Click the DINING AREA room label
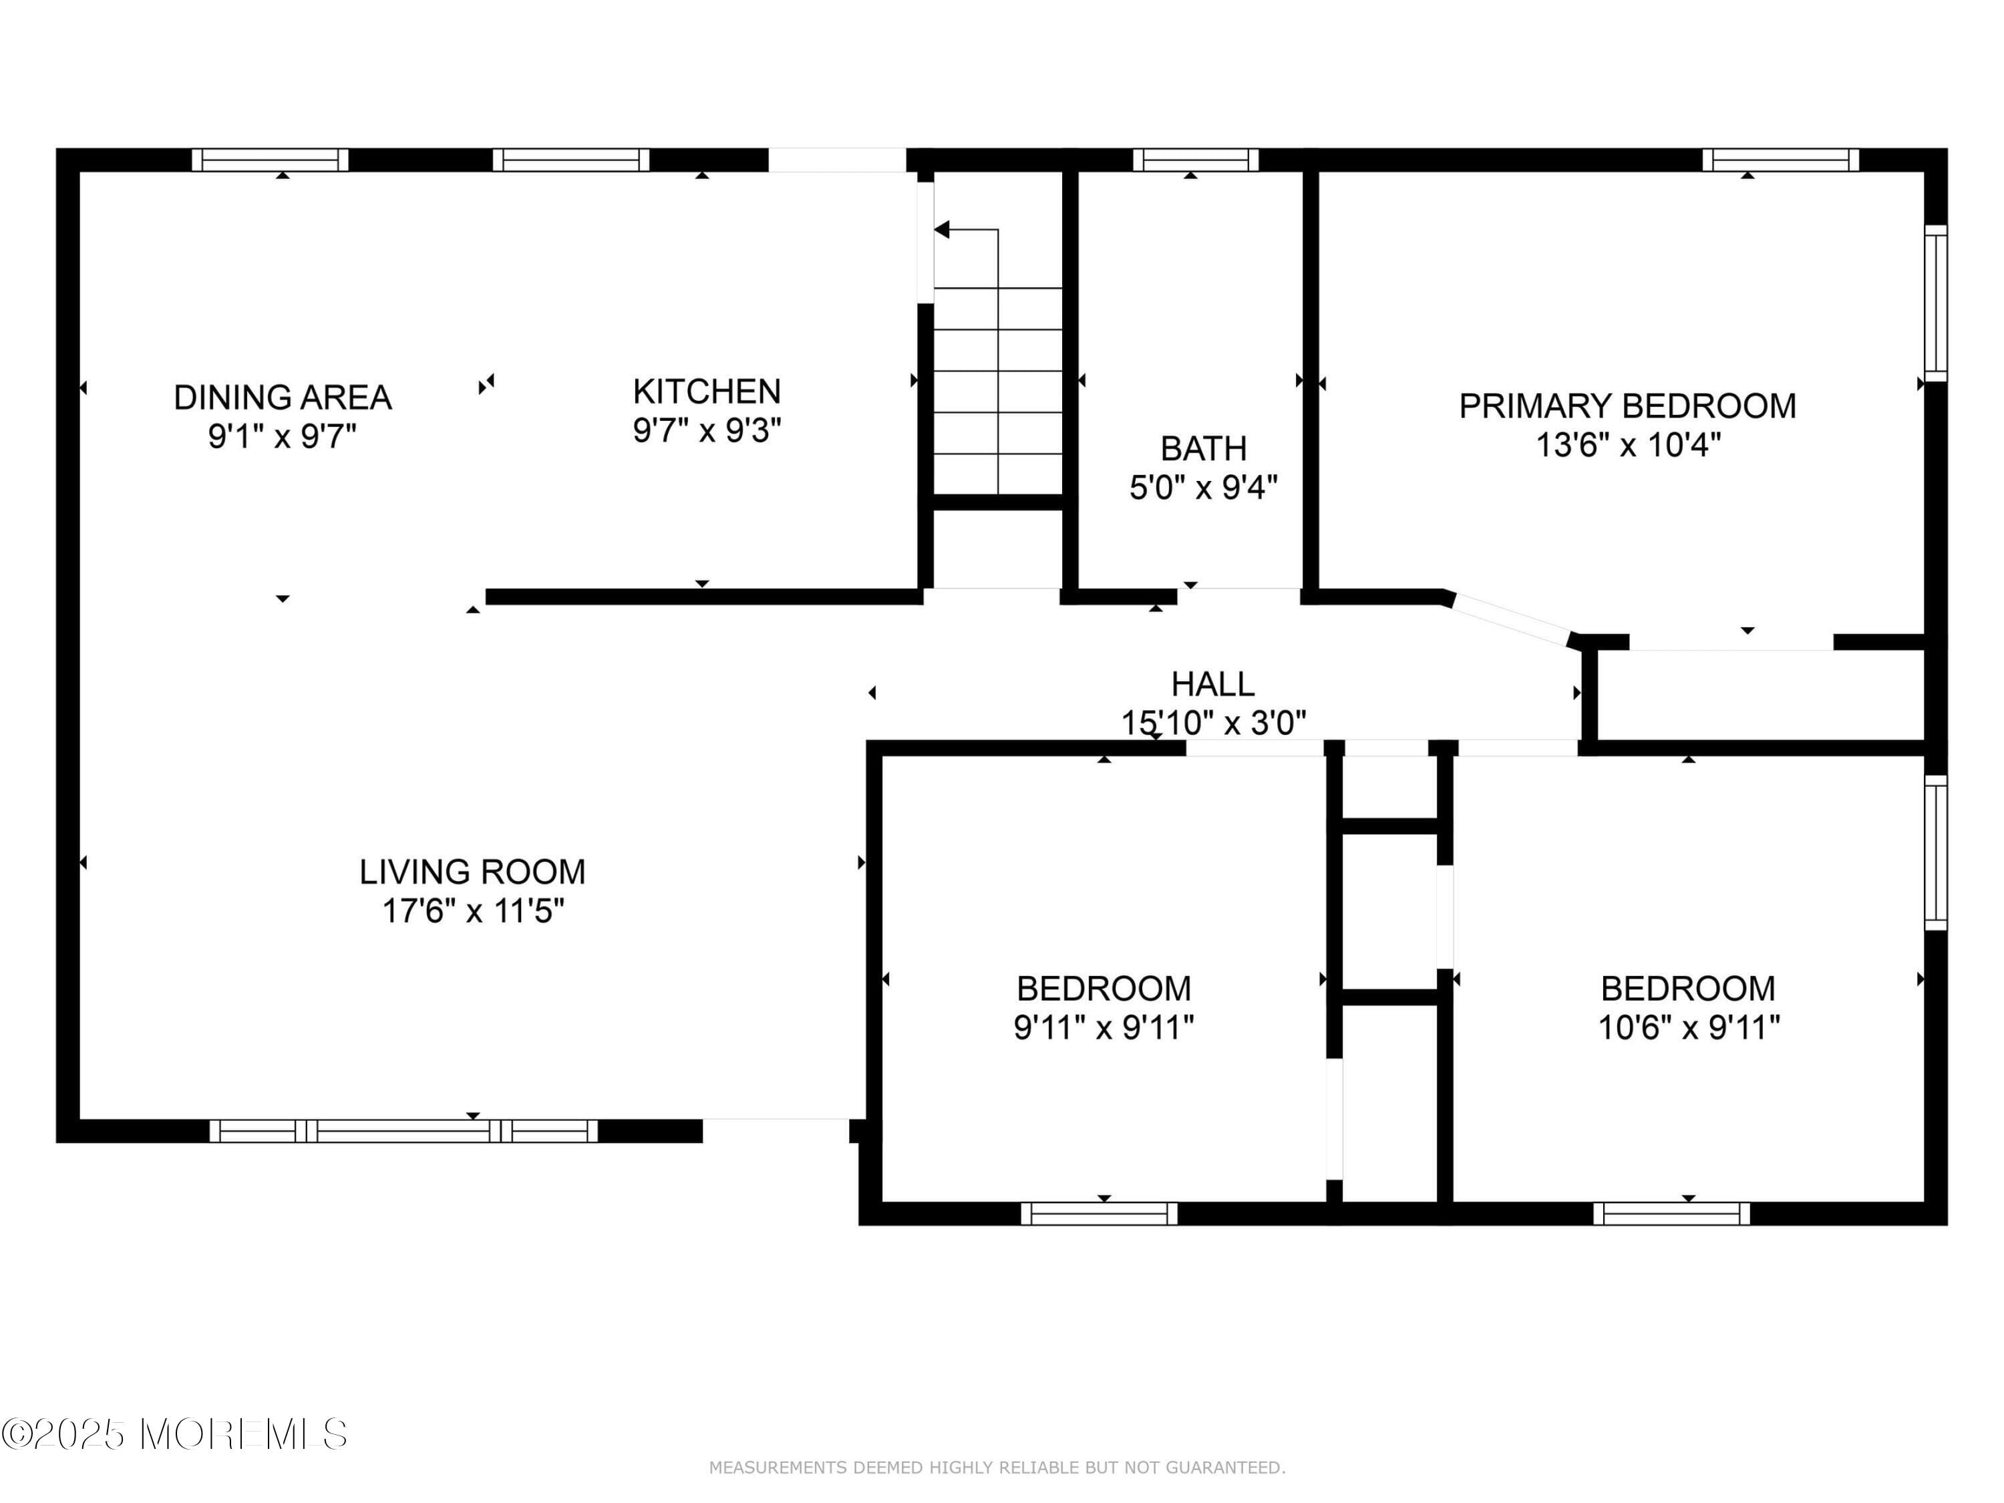(283, 397)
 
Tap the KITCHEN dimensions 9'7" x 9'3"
(707, 430)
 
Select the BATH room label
(1203, 448)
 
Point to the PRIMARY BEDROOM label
(1627, 406)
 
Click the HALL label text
(1212, 684)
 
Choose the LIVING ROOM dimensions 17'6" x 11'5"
(473, 910)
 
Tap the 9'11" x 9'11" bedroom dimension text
(1104, 1027)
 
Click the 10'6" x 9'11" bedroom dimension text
(1689, 1027)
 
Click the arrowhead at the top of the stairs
(942, 230)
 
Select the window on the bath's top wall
(1195, 160)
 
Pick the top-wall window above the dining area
(270, 160)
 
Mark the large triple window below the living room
(404, 1131)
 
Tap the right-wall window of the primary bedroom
(1935, 303)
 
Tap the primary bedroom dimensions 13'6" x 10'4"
(1627, 446)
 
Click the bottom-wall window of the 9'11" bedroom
(1099, 1214)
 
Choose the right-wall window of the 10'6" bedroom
(1935, 852)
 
